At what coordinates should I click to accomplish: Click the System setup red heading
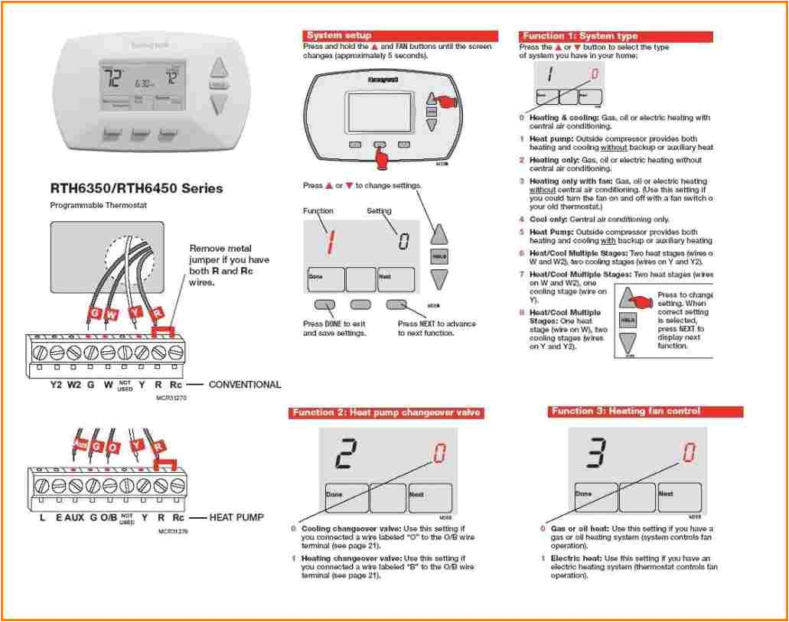pyautogui.click(x=338, y=35)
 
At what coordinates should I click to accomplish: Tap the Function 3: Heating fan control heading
pyautogui.click(x=625, y=412)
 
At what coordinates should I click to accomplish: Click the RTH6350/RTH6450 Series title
pyautogui.click(x=136, y=188)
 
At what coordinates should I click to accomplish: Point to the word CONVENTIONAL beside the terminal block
pyautogui.click(x=245, y=385)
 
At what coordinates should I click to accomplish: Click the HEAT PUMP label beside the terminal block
pyautogui.click(x=236, y=517)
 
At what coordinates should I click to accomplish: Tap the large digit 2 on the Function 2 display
pyautogui.click(x=346, y=454)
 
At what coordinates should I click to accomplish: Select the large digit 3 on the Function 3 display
pyautogui.click(x=597, y=453)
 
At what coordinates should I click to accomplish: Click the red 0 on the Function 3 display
pyautogui.click(x=690, y=452)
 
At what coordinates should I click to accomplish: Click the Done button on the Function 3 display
pyautogui.click(x=592, y=497)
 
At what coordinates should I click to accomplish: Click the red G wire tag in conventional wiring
pyautogui.click(x=95, y=314)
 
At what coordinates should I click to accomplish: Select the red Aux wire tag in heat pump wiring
pyautogui.click(x=80, y=444)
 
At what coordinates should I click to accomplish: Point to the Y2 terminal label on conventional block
pyautogui.click(x=56, y=385)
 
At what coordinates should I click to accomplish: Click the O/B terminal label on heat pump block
pyautogui.click(x=109, y=517)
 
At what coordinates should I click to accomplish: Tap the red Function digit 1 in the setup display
pyautogui.click(x=331, y=241)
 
